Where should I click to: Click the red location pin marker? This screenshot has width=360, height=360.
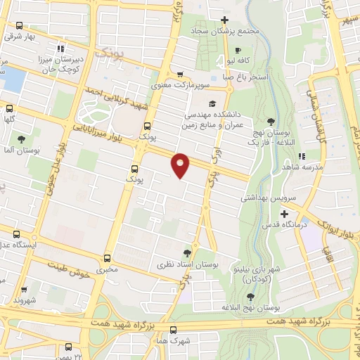tap(181, 164)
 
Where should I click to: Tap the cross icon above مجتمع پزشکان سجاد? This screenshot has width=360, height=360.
tap(224, 20)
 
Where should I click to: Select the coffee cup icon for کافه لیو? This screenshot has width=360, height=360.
tap(238, 51)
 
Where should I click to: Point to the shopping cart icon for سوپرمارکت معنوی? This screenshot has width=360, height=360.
tap(181, 75)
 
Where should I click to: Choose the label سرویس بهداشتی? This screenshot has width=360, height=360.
tap(268, 198)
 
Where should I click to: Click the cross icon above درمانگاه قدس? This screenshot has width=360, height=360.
tap(284, 214)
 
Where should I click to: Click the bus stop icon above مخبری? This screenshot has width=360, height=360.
tap(108, 258)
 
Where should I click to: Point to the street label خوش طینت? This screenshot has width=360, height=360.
tap(70, 266)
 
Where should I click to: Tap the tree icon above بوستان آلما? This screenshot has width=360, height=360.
tap(21, 139)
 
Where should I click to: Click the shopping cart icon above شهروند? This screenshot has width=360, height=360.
tap(23, 288)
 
